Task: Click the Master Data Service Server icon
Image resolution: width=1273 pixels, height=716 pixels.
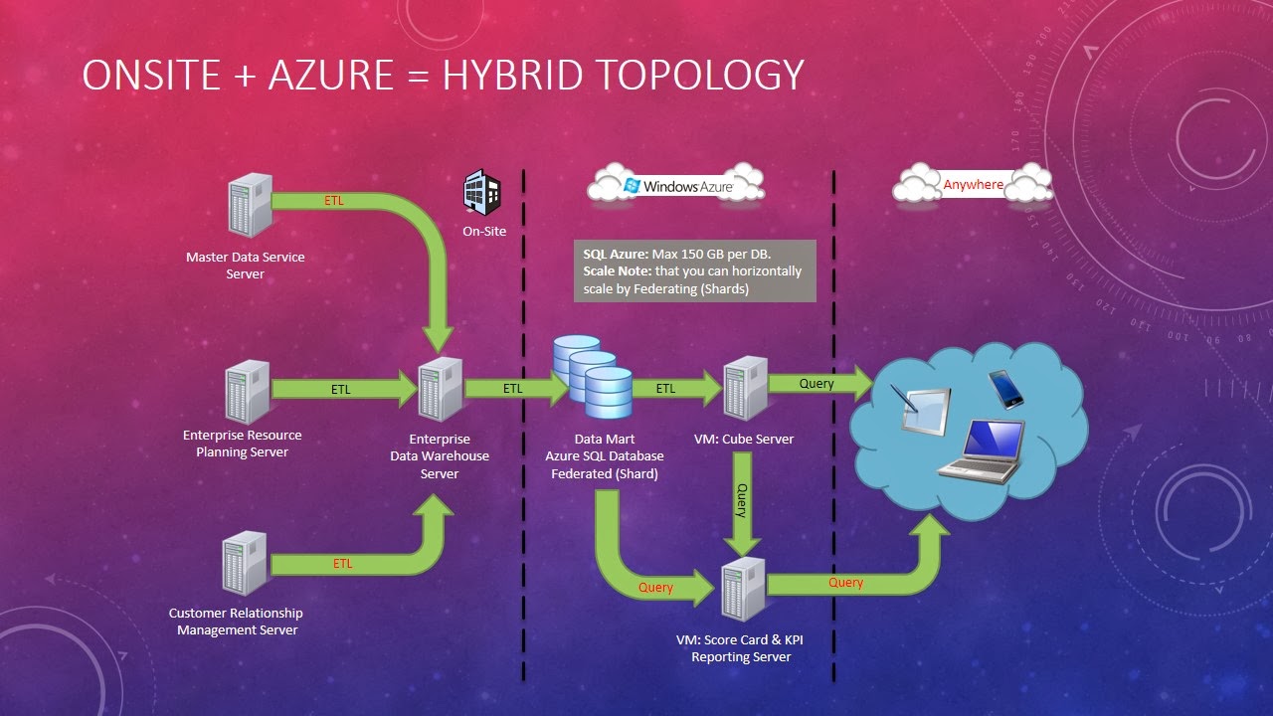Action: pos(250,205)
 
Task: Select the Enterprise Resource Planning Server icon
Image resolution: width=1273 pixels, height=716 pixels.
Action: pos(248,392)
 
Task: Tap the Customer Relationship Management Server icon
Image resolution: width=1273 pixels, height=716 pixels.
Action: pos(245,563)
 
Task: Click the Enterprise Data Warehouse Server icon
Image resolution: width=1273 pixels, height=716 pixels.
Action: pos(441,389)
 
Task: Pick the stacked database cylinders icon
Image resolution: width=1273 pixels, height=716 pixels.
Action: pos(593,377)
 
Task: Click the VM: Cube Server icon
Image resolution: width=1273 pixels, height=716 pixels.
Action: pos(746,388)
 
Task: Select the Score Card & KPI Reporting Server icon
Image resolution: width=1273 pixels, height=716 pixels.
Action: pos(743,590)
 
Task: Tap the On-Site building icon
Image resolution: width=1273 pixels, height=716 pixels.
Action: pos(482,192)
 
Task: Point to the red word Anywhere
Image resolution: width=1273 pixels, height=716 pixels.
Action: pos(973,185)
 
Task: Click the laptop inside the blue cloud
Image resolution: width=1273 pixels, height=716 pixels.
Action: pos(982,451)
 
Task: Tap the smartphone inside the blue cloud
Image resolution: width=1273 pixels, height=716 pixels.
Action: pos(1005,389)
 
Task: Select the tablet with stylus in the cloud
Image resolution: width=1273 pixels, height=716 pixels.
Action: pos(921,410)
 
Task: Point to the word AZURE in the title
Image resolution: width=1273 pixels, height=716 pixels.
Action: pos(331,75)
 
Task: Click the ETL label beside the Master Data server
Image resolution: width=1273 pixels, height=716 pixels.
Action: pos(333,201)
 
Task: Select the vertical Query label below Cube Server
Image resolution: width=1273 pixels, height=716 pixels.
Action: pos(742,500)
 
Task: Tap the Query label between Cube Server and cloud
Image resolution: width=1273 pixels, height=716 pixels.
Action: pos(817,384)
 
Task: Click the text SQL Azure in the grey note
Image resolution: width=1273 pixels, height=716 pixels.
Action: pos(616,254)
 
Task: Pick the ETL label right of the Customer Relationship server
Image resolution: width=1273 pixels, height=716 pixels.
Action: pos(342,563)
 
